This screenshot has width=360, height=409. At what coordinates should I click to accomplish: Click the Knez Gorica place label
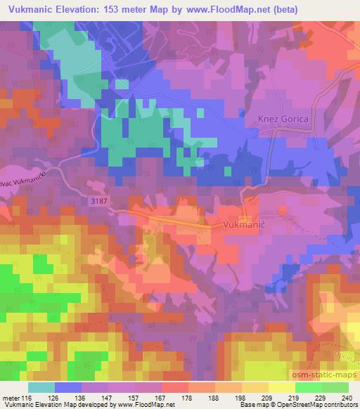click(284, 119)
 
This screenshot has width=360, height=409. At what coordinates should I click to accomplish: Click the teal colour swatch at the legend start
click(41, 387)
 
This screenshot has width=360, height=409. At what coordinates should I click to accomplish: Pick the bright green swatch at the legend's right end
click(335, 387)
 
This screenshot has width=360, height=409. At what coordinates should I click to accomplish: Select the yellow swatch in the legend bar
click(255, 387)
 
